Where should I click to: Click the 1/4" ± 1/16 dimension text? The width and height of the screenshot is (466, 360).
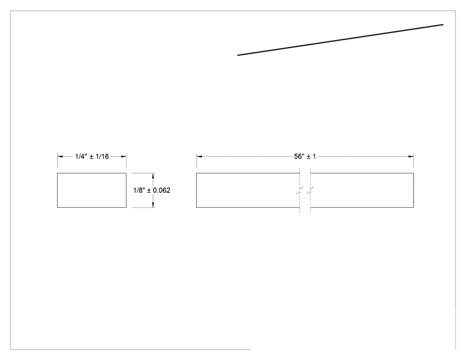[92, 157]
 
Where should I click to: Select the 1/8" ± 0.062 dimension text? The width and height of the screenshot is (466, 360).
[152, 190]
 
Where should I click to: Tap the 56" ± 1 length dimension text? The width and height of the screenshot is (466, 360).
[305, 157]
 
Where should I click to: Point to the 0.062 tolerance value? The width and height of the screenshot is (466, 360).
[162, 190]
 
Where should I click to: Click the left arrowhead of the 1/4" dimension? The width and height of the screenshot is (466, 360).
[60, 157]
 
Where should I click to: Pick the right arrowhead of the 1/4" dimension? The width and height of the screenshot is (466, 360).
[123, 157]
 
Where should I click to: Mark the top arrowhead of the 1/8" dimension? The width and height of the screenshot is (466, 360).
[153, 176]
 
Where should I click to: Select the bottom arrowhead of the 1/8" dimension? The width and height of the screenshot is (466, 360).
[153, 205]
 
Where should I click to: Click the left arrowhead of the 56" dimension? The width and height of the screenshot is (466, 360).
[199, 157]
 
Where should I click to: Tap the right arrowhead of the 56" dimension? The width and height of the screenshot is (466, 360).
[411, 157]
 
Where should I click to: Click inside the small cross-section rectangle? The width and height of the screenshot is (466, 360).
[92, 190]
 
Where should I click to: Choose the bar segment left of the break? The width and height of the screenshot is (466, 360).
[248, 190]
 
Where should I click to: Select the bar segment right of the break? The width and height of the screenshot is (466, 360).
[362, 190]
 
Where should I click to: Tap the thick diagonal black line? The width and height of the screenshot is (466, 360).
[340, 40]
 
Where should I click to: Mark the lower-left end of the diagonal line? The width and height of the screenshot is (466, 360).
[238, 55]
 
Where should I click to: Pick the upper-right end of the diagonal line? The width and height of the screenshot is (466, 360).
[443, 24]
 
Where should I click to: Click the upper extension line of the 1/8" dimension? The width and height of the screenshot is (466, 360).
[143, 173]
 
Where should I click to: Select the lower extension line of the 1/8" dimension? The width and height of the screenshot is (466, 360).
[143, 207]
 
